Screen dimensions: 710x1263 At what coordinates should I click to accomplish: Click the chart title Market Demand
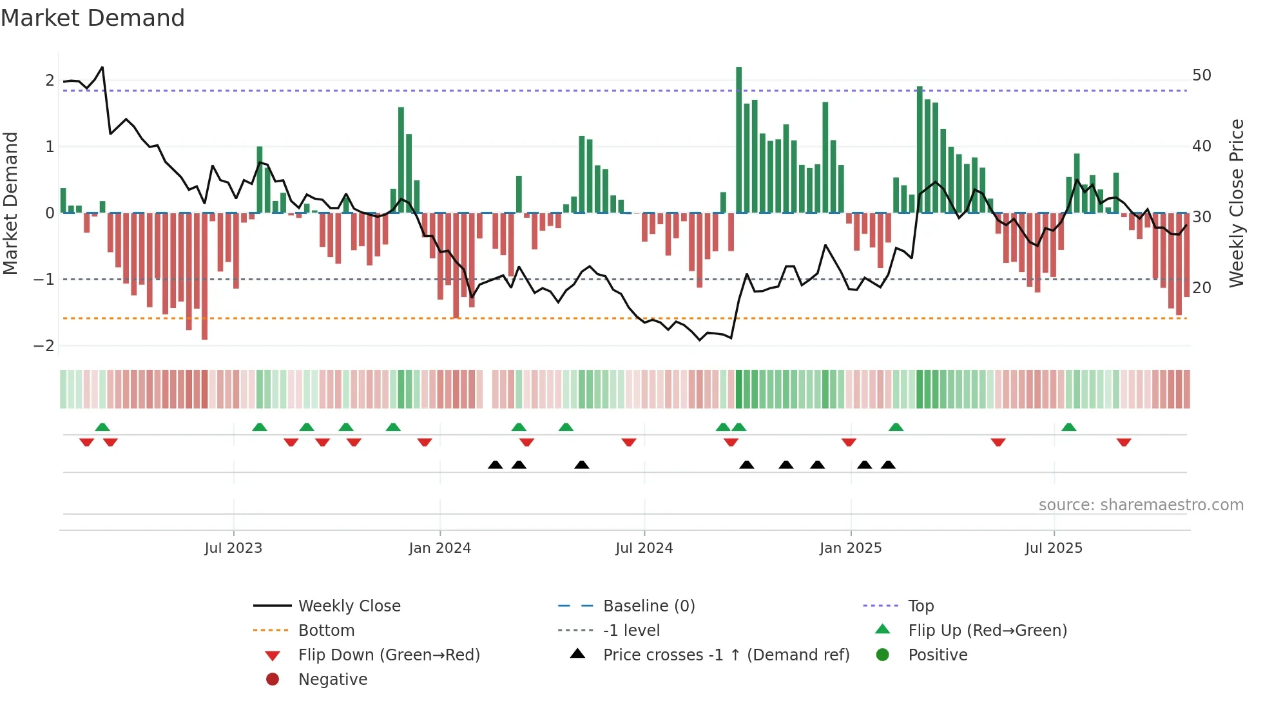coord(93,18)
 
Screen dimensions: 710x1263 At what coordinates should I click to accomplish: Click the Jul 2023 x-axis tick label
coord(233,548)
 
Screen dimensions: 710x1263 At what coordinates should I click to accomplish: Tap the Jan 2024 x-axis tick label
coord(439,548)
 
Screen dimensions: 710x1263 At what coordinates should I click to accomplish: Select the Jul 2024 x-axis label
coord(644,548)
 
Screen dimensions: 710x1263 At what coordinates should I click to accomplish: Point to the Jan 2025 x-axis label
coord(851,548)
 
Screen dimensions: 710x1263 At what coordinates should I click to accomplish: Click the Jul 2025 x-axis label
coord(1054,548)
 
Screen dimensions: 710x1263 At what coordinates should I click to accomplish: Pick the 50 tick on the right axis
coord(1202,75)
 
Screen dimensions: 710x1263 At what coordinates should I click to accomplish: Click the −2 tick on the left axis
coord(44,346)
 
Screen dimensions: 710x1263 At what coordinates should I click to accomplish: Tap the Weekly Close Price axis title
coord(1236,203)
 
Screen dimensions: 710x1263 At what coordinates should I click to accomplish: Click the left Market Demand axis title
coord(11,203)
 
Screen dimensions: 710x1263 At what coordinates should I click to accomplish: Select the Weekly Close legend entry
coord(349,606)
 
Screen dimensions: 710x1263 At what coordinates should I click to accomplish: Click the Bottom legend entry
coord(326,631)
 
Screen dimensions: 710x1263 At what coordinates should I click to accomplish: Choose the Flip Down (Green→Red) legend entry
coord(389,655)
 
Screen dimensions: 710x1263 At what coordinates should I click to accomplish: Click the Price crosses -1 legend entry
coord(726,655)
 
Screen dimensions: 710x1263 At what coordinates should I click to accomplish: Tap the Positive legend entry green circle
coord(883,655)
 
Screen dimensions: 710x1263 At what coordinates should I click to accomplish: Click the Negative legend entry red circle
coord(273,680)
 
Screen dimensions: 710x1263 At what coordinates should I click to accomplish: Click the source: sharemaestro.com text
coord(1141,505)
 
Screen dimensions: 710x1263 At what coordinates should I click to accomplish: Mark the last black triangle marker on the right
coord(888,465)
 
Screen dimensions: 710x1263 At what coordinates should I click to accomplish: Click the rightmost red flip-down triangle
coord(1124,443)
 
